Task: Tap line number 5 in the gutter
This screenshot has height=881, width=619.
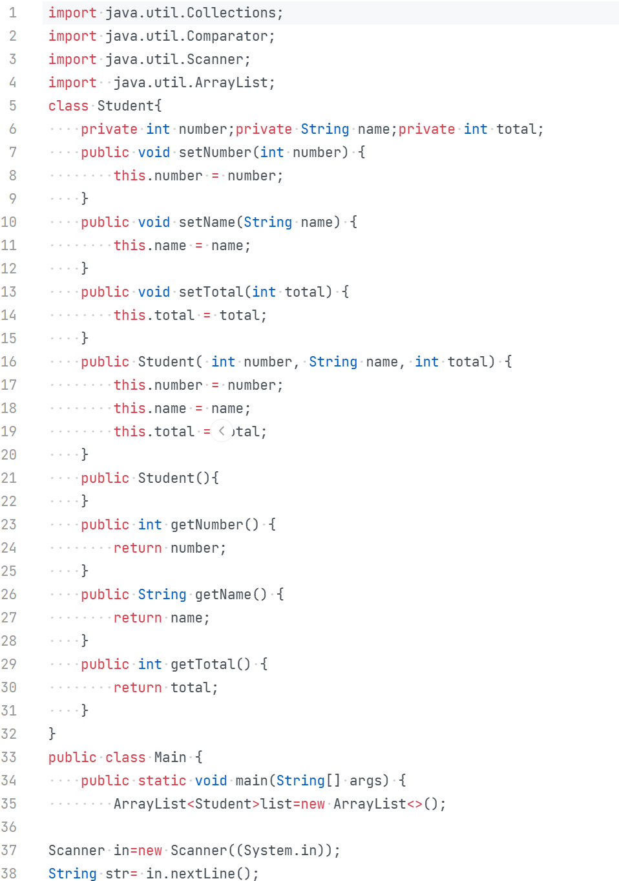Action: [x=12, y=106]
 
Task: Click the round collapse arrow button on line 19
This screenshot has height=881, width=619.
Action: [x=222, y=431]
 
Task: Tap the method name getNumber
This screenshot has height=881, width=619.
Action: [x=207, y=525]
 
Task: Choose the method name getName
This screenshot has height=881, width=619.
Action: [x=223, y=595]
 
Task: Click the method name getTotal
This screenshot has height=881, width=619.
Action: [x=203, y=664]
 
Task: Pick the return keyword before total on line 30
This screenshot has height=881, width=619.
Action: [x=138, y=688]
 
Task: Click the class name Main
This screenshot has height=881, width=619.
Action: [x=170, y=758]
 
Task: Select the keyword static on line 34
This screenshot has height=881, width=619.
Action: [x=162, y=781]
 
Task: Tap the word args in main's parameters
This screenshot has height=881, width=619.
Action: [x=366, y=781]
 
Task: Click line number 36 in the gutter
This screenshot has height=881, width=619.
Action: [x=9, y=827]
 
